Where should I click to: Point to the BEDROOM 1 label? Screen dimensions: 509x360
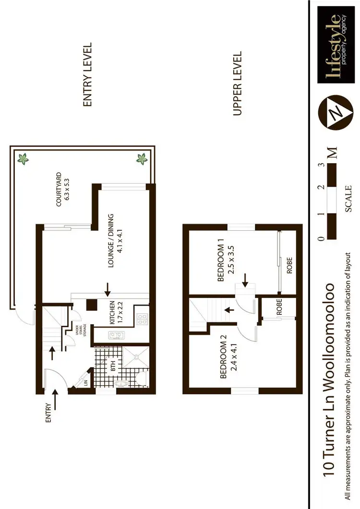click(225, 263)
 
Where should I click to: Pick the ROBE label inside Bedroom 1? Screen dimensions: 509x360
click(289, 265)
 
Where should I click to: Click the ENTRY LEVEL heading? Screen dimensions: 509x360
click(87, 75)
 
